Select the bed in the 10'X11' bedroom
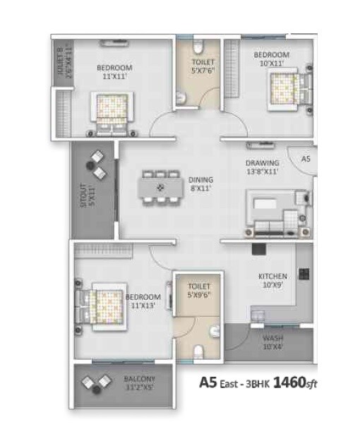286,90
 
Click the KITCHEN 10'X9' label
272,281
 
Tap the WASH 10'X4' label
272,342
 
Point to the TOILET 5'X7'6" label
203,66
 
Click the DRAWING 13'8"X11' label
263,167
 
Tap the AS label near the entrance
306,159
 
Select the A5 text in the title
207,383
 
